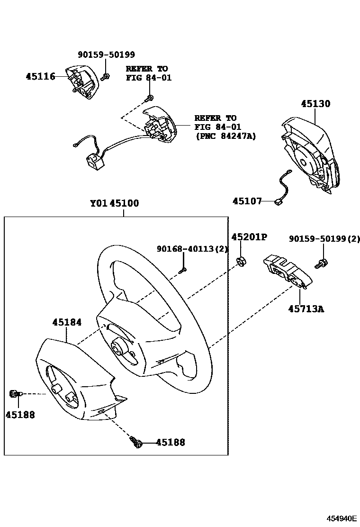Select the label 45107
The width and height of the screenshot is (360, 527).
pyautogui.click(x=247, y=201)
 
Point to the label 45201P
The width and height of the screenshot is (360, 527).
pyautogui.click(x=249, y=237)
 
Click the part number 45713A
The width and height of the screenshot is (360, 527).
pyautogui.click(x=306, y=309)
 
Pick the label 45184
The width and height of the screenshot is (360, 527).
pyautogui.click(x=67, y=322)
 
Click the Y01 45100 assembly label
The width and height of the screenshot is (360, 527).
pyautogui.click(x=115, y=204)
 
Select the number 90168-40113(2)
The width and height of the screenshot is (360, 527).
pyautogui.click(x=193, y=249)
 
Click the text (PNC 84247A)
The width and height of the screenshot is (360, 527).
pyautogui.click(x=225, y=136)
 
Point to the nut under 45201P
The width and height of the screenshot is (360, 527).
pyautogui.click(x=240, y=260)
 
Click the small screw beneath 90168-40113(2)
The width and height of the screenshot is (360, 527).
pyautogui.click(x=184, y=270)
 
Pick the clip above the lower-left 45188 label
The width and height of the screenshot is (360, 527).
pyautogui.click(x=15, y=394)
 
